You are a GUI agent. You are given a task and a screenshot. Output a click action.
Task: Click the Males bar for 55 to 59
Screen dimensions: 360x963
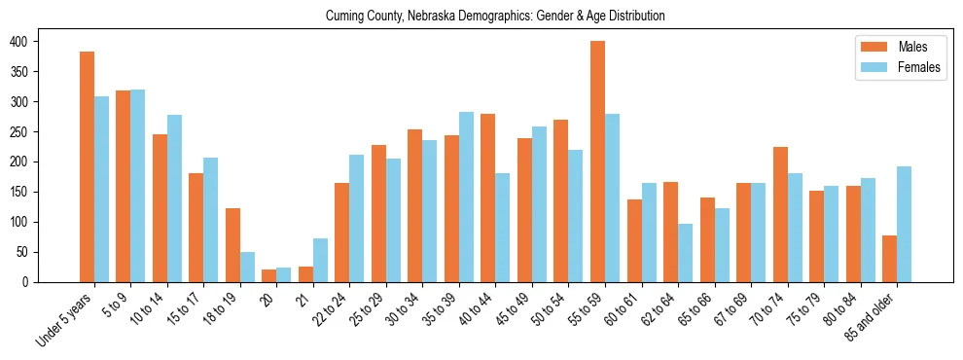pos(597,162)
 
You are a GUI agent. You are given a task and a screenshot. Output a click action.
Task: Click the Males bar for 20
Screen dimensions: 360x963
pos(269,275)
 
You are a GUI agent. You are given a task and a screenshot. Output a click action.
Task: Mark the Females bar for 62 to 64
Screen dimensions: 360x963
pos(685,253)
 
